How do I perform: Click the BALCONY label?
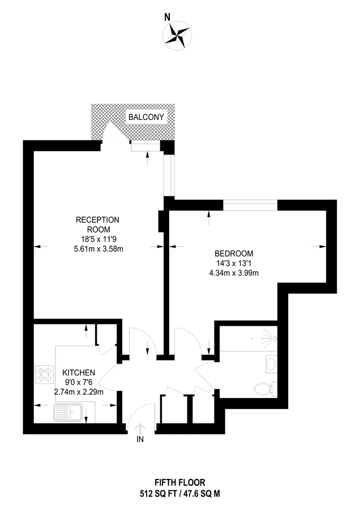pos(147,117)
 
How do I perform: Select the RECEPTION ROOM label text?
pos(98,225)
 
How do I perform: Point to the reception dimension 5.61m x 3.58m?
pos(98,248)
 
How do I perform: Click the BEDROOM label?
pos(233,253)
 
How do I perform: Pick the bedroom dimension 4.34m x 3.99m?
pos(233,274)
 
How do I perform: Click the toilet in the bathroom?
pos(263,389)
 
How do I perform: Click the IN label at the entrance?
pos(140,438)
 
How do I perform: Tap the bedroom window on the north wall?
pos(250,205)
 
